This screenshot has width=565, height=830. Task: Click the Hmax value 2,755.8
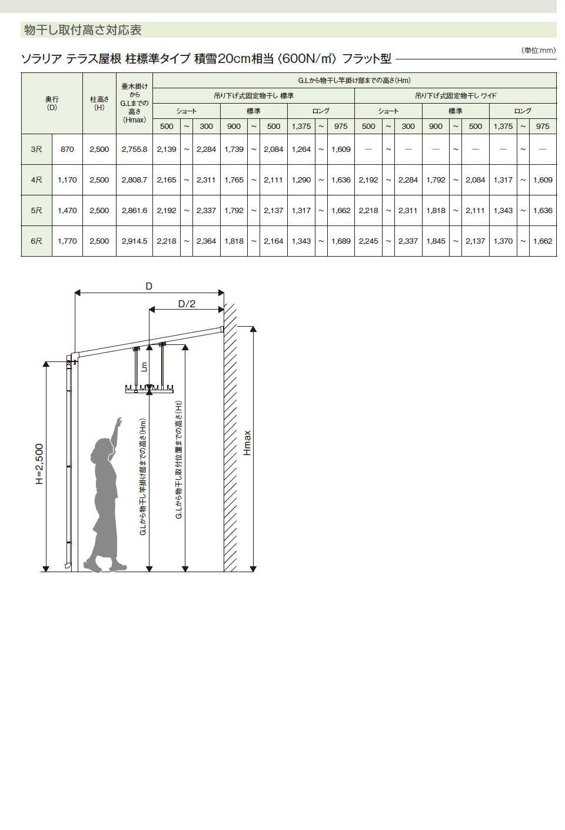pos(135,150)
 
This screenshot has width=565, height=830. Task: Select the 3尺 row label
pos(36,150)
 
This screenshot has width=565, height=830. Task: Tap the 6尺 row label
pos(36,241)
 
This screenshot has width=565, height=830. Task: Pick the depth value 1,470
pos(67,211)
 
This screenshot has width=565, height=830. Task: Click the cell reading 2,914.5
pos(135,241)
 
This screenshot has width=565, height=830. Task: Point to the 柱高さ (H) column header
pos(99,104)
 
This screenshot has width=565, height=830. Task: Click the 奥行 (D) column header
pos(52,104)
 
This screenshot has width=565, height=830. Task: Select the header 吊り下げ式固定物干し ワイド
pos(456,95)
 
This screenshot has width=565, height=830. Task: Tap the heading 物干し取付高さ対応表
pos(82,30)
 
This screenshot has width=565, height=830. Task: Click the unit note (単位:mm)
pos(539,51)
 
